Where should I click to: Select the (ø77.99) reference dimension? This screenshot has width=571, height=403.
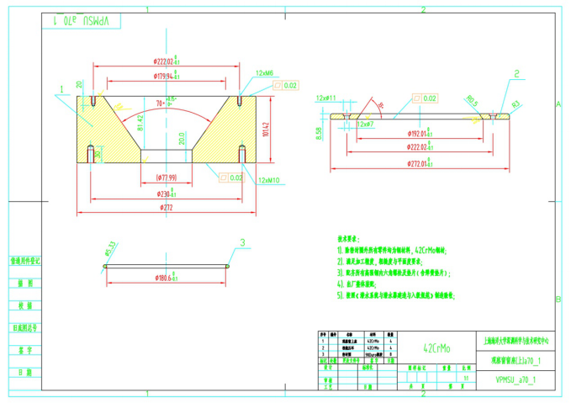click(x=167, y=178)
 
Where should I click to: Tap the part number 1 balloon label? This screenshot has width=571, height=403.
click(x=61, y=87)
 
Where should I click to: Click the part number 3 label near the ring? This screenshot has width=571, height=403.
click(x=243, y=243)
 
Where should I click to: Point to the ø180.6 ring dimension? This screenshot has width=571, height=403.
click(x=165, y=277)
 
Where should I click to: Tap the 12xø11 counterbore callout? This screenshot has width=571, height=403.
click(x=325, y=98)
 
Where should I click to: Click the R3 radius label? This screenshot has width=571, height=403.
click(x=516, y=104)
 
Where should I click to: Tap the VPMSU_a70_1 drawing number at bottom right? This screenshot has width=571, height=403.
click(x=515, y=379)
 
